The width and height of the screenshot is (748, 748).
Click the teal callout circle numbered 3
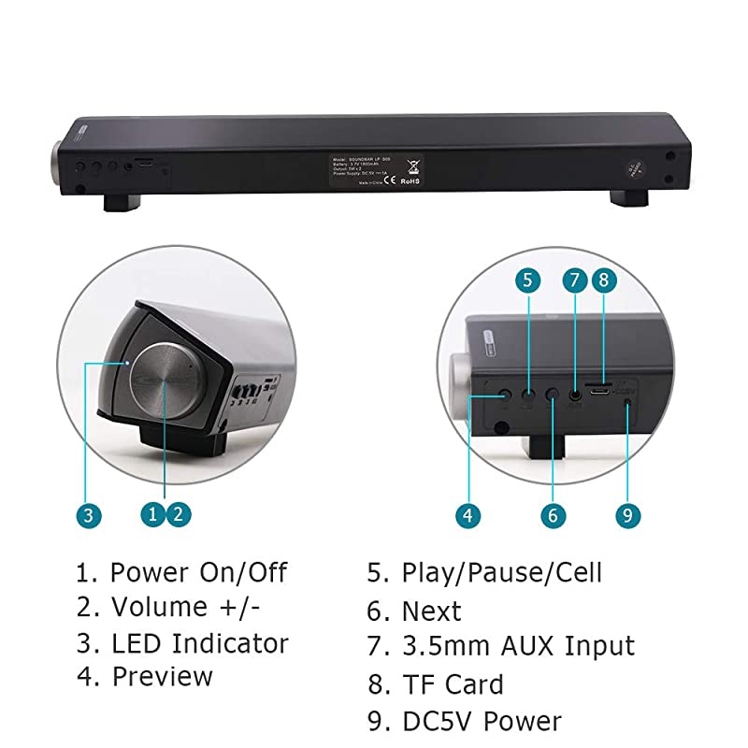click(87, 514)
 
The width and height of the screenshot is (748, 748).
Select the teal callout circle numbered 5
click(527, 279)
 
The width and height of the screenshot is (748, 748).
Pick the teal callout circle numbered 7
click(574, 279)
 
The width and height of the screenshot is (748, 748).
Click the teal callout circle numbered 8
click(604, 279)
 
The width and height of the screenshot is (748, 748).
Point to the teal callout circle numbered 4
click(469, 514)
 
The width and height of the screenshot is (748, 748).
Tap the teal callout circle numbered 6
click(553, 514)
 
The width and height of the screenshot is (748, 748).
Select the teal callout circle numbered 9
click(626, 514)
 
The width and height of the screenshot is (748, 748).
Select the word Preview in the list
click(162, 677)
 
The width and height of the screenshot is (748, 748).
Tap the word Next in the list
click(431, 611)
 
